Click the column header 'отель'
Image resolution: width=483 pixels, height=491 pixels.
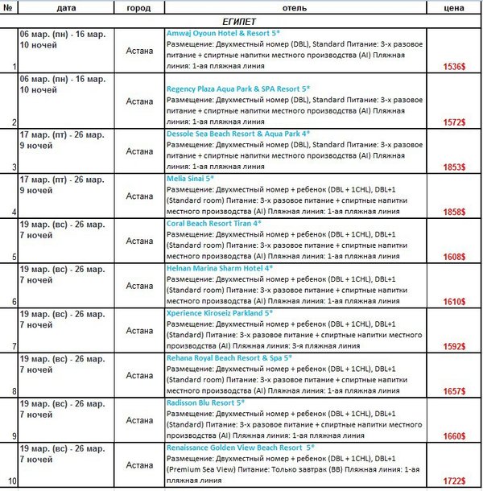point(295,7)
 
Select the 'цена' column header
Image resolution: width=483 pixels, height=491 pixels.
point(454,7)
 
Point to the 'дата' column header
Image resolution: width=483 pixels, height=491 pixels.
point(67,7)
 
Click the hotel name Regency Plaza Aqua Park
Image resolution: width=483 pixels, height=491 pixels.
point(223,88)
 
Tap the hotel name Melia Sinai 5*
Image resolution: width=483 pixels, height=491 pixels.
point(190,178)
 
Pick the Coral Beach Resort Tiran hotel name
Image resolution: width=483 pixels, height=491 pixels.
point(213,223)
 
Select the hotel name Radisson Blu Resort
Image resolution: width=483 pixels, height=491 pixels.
point(204,402)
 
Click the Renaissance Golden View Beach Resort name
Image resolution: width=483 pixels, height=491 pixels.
point(240,446)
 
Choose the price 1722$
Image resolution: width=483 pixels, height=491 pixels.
point(453,481)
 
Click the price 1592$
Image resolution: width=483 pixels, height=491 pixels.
point(453,346)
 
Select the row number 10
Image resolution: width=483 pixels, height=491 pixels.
point(10,481)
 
